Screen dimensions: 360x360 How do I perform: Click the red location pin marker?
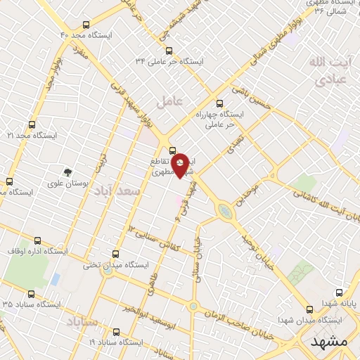[x=181, y=165]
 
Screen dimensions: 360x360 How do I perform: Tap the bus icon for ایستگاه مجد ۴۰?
[x=86, y=24]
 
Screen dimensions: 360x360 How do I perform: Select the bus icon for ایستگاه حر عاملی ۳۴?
[x=168, y=50]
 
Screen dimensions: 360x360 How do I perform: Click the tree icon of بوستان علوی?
[x=67, y=171]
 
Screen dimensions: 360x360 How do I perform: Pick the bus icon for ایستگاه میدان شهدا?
[x=309, y=309]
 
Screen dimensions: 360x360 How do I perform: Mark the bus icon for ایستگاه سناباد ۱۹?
[x=116, y=331]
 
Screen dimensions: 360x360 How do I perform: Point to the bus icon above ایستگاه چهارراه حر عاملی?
[x=219, y=103]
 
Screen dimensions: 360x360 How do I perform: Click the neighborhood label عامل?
[x=169, y=101]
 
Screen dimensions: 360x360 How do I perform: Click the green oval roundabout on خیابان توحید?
[x=224, y=210]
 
